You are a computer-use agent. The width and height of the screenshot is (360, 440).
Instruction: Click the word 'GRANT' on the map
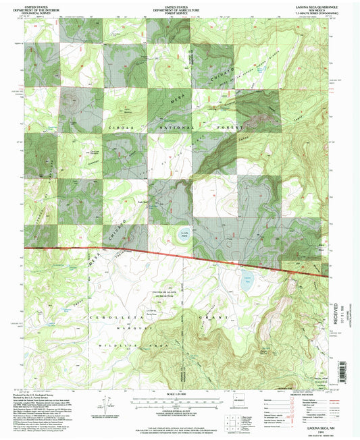coord(208,316)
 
